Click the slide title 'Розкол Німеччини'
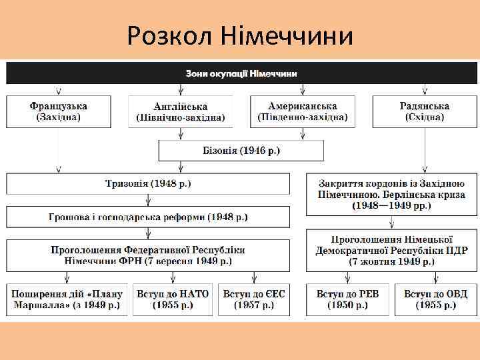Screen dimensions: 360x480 click(240, 35)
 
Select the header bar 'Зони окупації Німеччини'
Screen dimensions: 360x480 click(241, 73)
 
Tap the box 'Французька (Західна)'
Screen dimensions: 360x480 click(58, 111)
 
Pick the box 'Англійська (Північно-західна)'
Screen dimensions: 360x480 click(181, 111)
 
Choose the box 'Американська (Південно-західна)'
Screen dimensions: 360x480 click(303, 111)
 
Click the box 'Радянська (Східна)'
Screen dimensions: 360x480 click(425, 111)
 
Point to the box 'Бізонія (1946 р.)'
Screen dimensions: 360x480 click(241, 150)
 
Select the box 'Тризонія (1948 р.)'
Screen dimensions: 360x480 click(148, 183)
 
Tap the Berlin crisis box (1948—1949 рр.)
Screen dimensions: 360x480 click(391, 194)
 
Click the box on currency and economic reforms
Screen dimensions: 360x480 click(148, 217)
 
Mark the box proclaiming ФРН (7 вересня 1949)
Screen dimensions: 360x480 click(148, 255)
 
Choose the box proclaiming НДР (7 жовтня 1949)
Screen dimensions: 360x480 click(391, 250)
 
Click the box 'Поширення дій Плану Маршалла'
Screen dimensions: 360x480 click(67, 299)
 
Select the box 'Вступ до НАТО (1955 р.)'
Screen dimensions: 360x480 click(173, 299)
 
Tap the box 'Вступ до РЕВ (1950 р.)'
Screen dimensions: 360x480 click(347, 299)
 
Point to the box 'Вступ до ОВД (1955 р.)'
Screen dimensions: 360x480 click(435, 299)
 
